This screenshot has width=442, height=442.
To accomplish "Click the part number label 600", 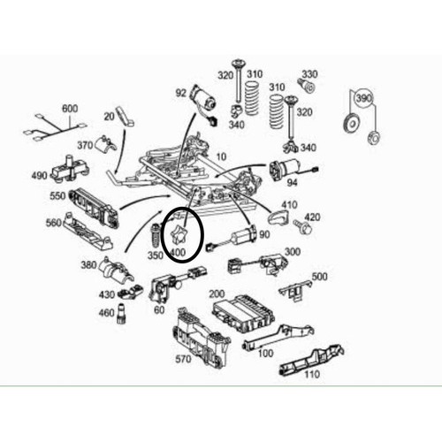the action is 70,109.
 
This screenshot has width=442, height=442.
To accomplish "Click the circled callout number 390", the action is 364,98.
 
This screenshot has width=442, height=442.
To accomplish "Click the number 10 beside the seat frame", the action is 221,156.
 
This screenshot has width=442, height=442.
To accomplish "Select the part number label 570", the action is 183,359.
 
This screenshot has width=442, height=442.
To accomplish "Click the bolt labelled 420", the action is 302,226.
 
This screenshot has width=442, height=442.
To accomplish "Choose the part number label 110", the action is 312,375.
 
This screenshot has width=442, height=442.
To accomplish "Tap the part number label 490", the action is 40,176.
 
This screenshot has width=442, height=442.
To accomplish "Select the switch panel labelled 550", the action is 94,209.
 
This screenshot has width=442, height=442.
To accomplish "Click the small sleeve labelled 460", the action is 120,314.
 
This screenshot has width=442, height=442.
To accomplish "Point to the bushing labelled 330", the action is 307,85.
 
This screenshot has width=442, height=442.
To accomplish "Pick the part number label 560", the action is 54,223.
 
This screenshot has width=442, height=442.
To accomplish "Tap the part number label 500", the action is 319,277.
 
